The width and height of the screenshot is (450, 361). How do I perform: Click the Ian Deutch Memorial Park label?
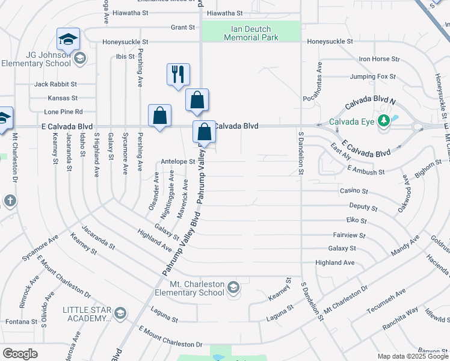(251, 33)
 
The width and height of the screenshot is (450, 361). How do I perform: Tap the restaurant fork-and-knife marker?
(178, 75)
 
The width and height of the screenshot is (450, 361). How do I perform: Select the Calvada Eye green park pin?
(384, 121)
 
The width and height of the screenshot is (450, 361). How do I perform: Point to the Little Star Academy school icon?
(120, 313)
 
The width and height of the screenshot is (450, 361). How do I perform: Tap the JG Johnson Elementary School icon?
(80, 58)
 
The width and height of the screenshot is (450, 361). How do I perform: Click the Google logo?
(20, 354)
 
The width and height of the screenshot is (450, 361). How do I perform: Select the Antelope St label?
(178, 161)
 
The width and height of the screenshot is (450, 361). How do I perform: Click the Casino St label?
(354, 191)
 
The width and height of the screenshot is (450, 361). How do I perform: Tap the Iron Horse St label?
(379, 59)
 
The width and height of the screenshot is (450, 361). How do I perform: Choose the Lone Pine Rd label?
(63, 112)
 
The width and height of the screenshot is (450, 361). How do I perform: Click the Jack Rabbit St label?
(55, 84)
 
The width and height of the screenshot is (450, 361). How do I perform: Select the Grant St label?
(183, 28)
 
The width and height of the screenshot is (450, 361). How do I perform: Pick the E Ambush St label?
(365, 172)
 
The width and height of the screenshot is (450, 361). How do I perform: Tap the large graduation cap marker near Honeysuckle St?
(69, 40)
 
